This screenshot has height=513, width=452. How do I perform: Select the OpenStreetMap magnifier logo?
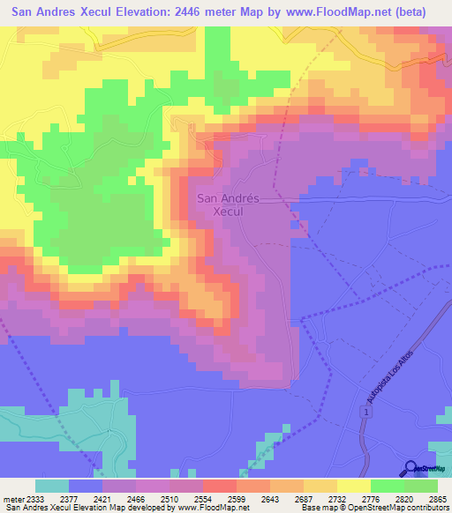pos(410,469)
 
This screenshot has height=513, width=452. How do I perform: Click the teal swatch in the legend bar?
pos(52,486)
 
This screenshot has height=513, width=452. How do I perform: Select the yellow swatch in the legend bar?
pos(354,486)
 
